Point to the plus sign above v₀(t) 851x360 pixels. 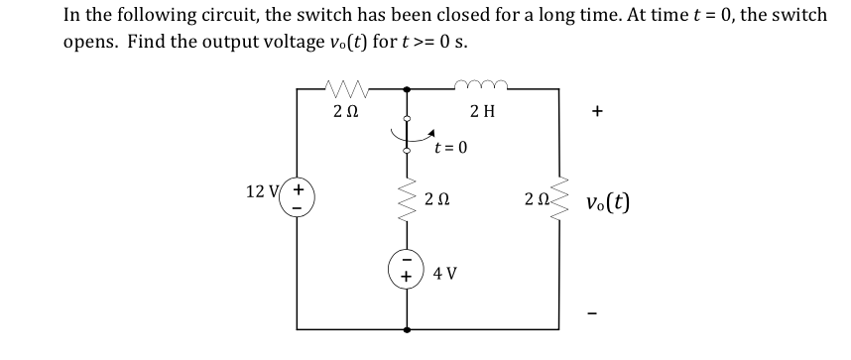coord(597,113)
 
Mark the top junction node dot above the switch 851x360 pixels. coord(407,90)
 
